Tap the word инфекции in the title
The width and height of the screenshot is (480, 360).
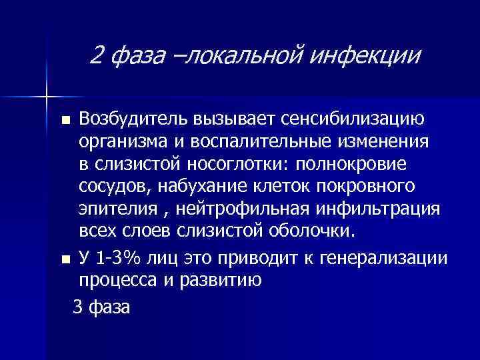point(371,55)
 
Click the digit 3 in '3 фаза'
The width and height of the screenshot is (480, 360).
point(77,307)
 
